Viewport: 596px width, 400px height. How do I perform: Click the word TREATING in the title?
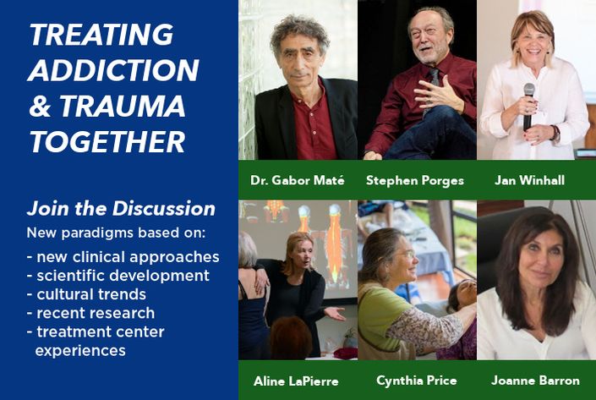[x=101, y=35]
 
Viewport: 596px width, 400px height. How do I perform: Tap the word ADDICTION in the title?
[x=113, y=70]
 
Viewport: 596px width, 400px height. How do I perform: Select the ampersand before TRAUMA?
[x=40, y=106]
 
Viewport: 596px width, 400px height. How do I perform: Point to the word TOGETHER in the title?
[x=107, y=142]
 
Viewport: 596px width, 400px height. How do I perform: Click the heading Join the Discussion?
[x=121, y=208]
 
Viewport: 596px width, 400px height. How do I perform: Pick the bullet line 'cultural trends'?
[x=87, y=294]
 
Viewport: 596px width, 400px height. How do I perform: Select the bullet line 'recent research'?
[x=90, y=313]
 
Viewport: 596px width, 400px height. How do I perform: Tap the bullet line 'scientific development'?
[x=118, y=276]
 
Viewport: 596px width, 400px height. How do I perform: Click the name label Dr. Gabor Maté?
[x=298, y=180]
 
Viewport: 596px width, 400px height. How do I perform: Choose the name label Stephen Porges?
[x=415, y=180]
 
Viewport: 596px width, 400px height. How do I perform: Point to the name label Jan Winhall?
[x=529, y=180]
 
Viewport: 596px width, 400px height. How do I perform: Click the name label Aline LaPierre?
[x=296, y=381]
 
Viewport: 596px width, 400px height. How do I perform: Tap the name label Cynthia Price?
[x=417, y=381]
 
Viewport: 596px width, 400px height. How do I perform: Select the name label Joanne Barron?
[x=535, y=381]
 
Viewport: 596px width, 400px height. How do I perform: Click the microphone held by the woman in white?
[x=528, y=107]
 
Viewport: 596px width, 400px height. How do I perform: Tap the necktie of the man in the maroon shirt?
[x=432, y=87]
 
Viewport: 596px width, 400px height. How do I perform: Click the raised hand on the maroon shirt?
[x=437, y=95]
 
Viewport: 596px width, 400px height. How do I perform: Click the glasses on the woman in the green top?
[x=405, y=254]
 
